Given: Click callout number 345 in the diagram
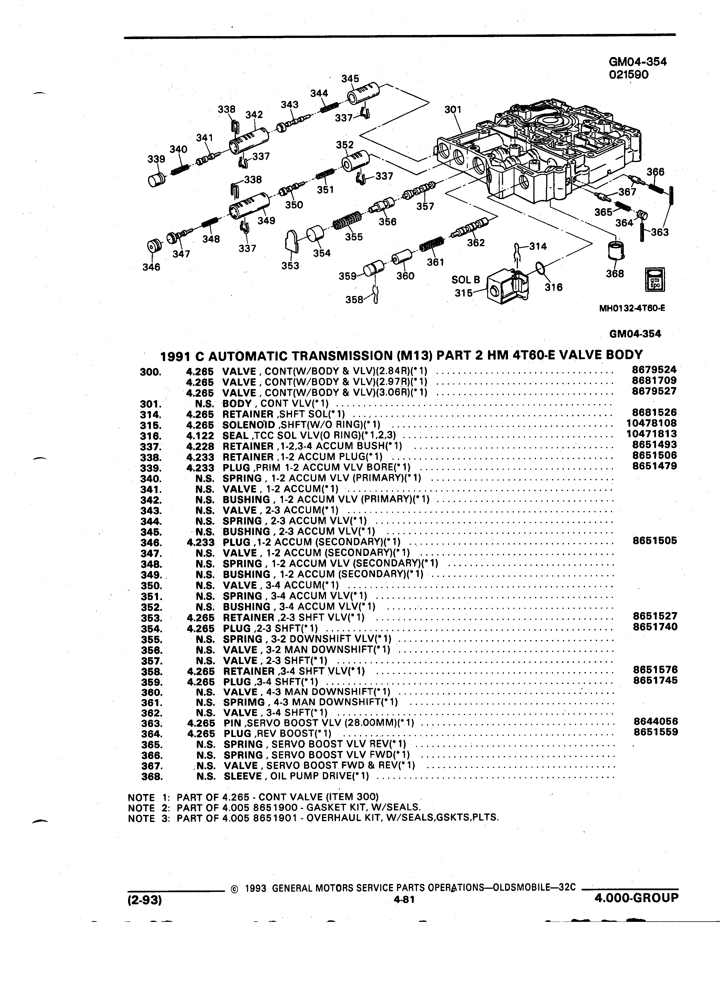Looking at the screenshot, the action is pos(350,78).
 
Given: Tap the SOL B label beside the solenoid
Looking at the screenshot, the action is pos(466,280).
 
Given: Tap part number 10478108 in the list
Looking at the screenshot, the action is pos(651,423).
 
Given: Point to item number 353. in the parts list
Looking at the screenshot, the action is pos(151,618).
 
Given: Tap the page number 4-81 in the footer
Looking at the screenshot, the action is pos(403,899).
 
